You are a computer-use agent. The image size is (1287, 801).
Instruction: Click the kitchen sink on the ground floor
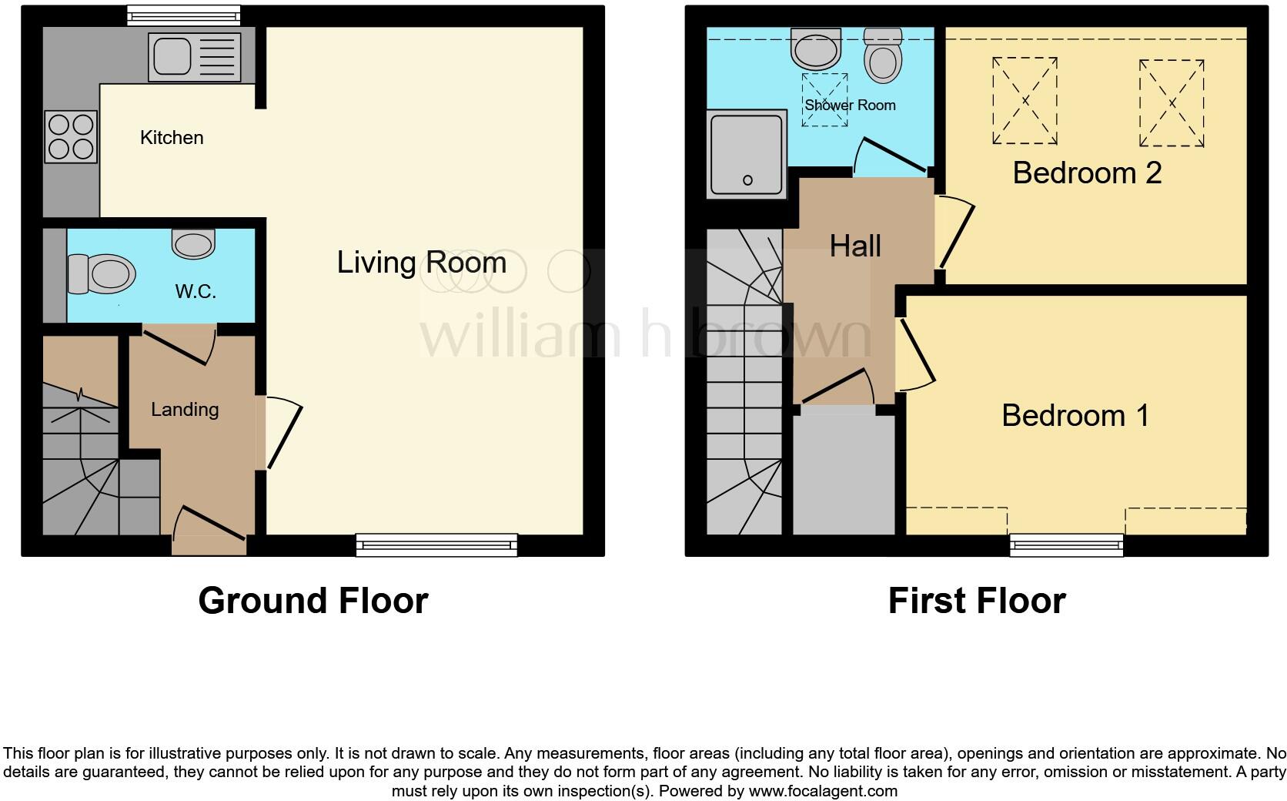click(196, 55)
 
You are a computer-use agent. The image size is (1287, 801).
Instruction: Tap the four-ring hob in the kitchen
click(71, 136)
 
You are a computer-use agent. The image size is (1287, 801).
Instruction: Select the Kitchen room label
click(172, 138)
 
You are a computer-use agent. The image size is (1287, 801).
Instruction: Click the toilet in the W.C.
click(101, 274)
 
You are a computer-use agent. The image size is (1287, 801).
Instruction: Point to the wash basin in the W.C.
click(192, 245)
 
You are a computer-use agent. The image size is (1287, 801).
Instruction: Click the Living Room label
click(421, 263)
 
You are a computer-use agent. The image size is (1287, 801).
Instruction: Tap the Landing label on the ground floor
click(185, 410)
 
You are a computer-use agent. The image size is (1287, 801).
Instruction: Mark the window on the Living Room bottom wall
click(436, 545)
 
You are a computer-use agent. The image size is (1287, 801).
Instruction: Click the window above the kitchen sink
click(183, 15)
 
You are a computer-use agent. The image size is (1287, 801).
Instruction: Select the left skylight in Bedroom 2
click(1025, 101)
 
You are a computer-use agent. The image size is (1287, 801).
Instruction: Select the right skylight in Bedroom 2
click(1171, 102)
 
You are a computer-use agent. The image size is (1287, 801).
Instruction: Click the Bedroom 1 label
click(1075, 416)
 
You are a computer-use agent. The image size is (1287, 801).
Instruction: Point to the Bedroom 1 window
click(1066, 545)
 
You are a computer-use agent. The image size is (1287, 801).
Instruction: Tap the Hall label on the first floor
click(854, 246)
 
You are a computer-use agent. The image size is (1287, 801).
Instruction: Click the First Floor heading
click(976, 601)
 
